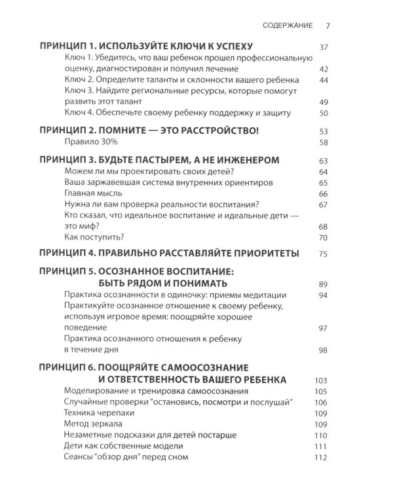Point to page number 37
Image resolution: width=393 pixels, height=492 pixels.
(x=322, y=48)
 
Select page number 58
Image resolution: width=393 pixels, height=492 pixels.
(x=322, y=144)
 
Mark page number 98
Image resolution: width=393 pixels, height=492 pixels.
(x=322, y=351)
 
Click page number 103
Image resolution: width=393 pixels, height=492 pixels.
(x=320, y=381)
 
